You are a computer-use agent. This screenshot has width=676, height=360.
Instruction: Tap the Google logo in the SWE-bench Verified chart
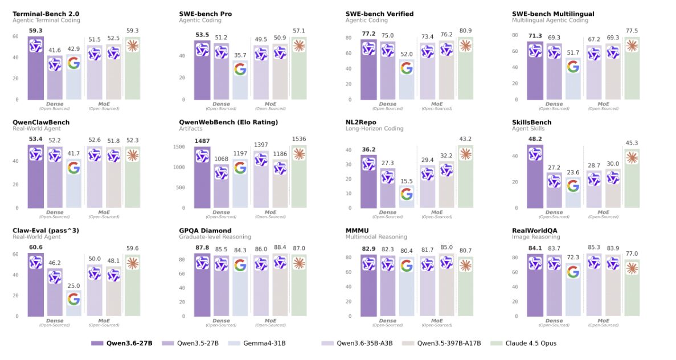pos(406,68)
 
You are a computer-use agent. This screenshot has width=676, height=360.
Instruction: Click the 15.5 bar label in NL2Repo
pos(406,181)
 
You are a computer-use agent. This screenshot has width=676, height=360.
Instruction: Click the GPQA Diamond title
pos(206,230)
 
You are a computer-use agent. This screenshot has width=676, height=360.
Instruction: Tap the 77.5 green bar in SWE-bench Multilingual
pos(632,71)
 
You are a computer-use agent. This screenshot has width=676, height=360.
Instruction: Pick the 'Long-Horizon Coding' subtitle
pos(374,129)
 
